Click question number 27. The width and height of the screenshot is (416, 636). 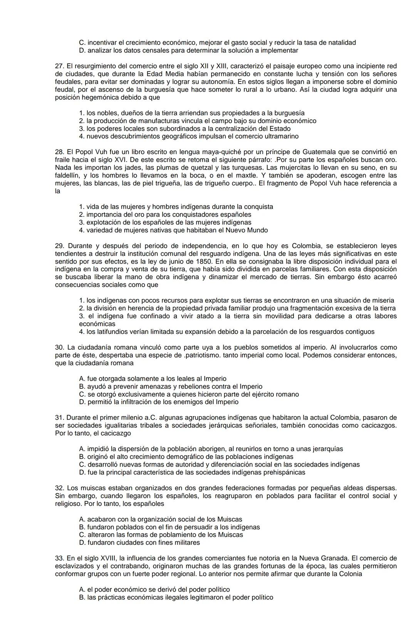tap(59, 66)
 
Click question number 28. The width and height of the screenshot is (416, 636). tap(59, 152)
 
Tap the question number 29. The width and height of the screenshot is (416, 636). tap(59, 246)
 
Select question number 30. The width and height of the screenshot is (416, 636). tap(59, 347)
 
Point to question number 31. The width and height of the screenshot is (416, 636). tap(59, 418)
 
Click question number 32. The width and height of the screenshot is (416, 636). tap(59, 488)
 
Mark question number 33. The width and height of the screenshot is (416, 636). tap(59, 558)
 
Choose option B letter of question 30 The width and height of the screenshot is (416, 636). tap(81, 386)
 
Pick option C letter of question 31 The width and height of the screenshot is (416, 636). tap(81, 465)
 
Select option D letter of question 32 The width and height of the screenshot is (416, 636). tap(81, 543)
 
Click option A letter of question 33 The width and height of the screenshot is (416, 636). tap(81, 590)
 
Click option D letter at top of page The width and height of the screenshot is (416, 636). tap(81, 50)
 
